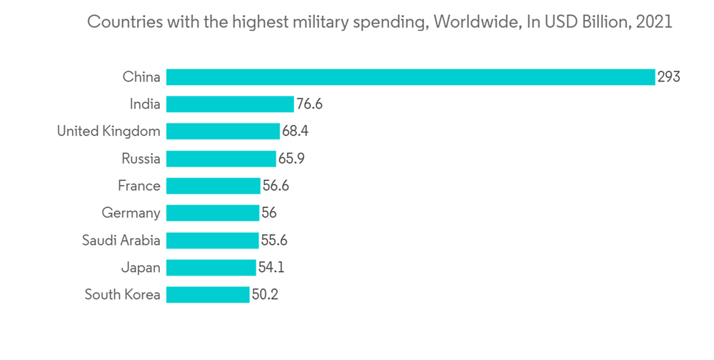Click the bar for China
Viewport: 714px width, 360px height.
[411, 77]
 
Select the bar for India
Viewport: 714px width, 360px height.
[230, 104]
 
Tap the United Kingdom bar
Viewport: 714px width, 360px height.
[223, 131]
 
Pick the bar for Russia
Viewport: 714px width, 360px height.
[221, 159]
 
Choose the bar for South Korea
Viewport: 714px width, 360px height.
[208, 294]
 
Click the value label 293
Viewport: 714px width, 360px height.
[669, 77]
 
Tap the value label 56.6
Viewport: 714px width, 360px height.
[276, 186]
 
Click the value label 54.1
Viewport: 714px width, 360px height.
[271, 267]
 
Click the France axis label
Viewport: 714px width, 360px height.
[139, 186]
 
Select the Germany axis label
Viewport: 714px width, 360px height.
[131, 213]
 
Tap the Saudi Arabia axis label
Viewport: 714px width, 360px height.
[121, 240]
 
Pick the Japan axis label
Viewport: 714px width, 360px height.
[141, 267]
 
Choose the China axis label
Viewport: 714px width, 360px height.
[141, 77]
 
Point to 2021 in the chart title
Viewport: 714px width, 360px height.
[653, 22]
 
